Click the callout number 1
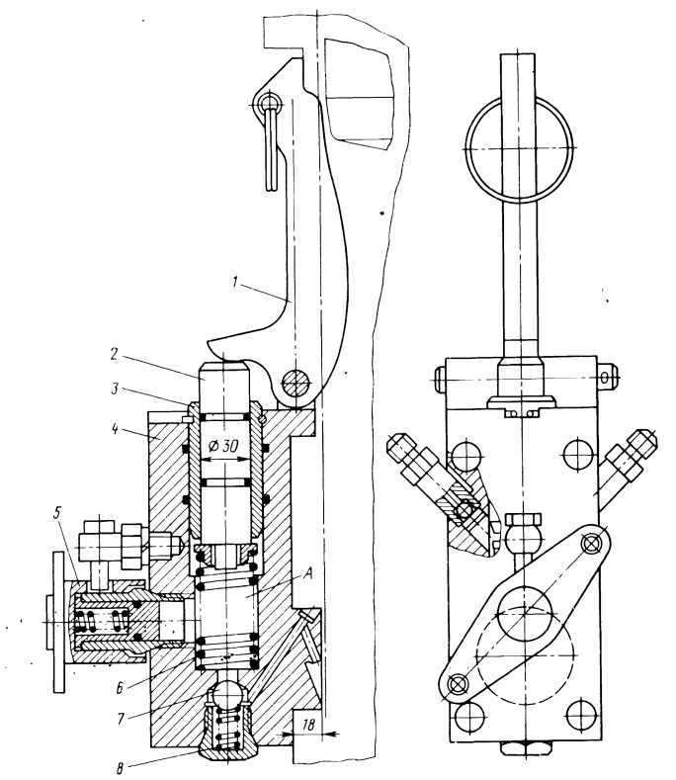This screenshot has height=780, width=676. pyautogui.click(x=235, y=282)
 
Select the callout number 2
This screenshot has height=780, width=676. pyautogui.click(x=114, y=354)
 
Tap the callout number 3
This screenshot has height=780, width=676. pyautogui.click(x=115, y=389)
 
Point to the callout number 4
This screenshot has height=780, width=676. pyautogui.click(x=115, y=428)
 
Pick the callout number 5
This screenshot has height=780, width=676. pyautogui.click(x=58, y=513)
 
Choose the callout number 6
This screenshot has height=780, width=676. pyautogui.click(x=120, y=688)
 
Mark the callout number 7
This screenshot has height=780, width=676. pyautogui.click(x=121, y=720)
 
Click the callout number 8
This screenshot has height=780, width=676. pyautogui.click(x=120, y=769)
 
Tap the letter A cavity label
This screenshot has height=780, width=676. pyautogui.click(x=307, y=573)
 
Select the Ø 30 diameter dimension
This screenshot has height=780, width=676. pyautogui.click(x=224, y=446)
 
